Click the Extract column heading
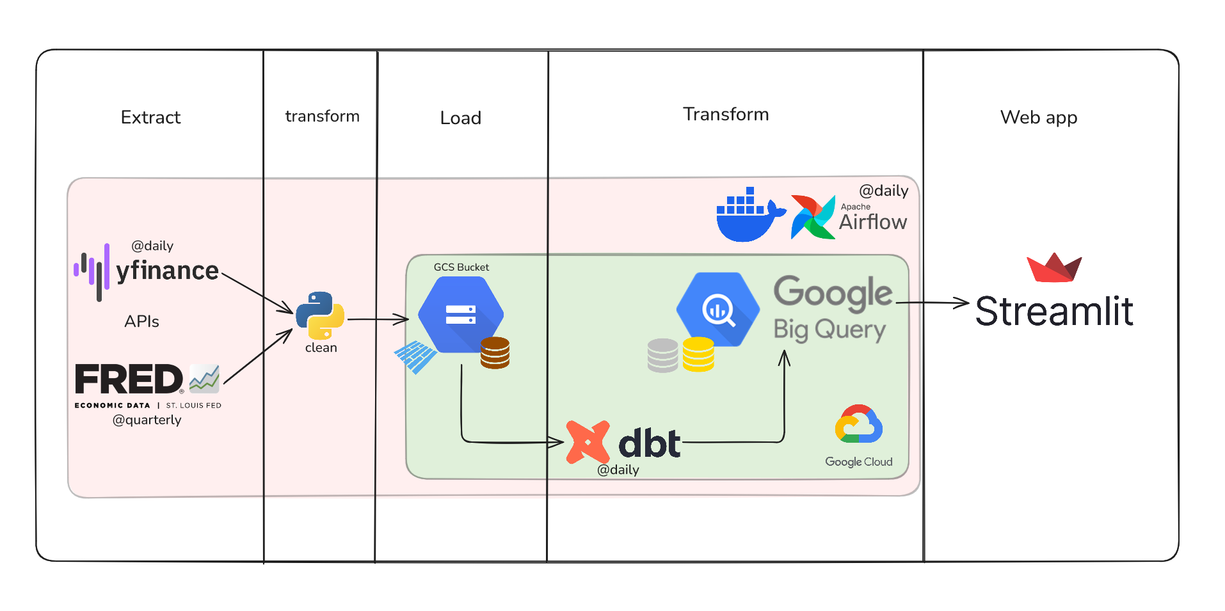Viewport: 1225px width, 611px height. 150,118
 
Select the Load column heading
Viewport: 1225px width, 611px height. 460,118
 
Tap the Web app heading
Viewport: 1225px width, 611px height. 1038,118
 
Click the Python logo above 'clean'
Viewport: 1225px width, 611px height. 320,315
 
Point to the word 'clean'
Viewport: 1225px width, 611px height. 321,348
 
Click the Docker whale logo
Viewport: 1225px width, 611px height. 748,216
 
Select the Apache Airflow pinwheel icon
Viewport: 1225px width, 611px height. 813,218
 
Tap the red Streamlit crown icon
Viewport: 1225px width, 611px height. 1053,267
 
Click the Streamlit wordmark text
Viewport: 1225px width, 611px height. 1053,312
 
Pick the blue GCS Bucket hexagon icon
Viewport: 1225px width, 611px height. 461,314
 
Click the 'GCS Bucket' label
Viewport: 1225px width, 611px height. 461,267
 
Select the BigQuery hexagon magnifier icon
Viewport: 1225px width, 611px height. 718,310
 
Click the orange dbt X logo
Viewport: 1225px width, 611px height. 588,441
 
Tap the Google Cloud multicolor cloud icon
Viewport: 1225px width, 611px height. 858,425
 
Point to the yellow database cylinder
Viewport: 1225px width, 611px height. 698,354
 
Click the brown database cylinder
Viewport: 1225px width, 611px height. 495,353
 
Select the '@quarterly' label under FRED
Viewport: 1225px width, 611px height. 147,420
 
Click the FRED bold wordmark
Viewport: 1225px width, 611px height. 129,379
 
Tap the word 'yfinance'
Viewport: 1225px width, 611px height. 167,271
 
